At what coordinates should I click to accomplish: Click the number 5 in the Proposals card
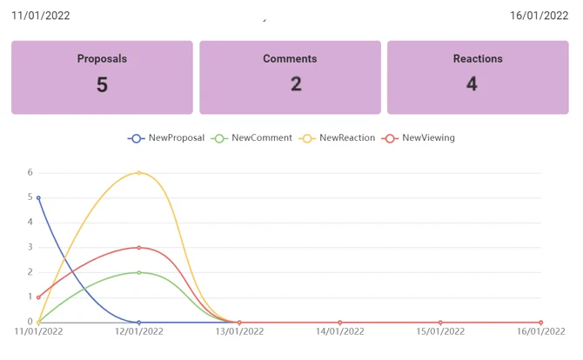[103, 84]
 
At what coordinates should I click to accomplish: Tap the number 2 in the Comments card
[296, 84]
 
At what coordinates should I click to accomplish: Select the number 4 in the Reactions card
[472, 84]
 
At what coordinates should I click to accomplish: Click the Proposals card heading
[102, 59]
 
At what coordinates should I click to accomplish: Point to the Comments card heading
[290, 59]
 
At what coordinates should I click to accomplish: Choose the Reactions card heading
[478, 59]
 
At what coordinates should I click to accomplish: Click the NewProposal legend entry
[166, 138]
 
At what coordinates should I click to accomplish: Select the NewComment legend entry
[251, 138]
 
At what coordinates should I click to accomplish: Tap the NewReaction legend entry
[337, 138]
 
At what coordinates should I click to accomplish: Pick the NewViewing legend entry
[419, 138]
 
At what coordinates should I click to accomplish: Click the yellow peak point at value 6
[139, 173]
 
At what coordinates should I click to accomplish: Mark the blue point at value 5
[38, 198]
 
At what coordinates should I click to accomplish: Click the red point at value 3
[139, 248]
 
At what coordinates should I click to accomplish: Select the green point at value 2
[139, 272]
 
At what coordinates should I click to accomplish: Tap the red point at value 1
[38, 297]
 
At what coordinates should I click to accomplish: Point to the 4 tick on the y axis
[30, 222]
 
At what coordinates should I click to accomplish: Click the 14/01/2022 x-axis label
[340, 331]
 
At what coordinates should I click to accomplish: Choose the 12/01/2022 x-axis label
[139, 331]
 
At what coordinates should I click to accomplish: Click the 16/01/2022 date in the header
[539, 16]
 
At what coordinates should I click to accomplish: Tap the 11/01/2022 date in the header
[41, 16]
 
